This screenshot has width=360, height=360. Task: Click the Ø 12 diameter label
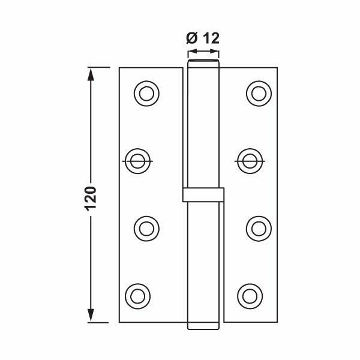202,39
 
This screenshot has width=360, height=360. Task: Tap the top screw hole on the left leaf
146,92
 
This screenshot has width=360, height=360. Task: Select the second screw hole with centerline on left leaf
139,161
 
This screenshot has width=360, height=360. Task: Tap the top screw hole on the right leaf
259,92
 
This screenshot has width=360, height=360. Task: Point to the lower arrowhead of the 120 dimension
91,314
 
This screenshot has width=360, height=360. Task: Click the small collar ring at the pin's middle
203,196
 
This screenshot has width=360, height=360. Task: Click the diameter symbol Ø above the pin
191,39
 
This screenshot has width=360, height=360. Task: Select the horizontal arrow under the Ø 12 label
203,53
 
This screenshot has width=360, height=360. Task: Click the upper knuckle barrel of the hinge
203,126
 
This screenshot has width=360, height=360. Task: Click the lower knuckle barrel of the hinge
203,264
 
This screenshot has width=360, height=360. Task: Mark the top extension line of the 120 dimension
99,68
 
